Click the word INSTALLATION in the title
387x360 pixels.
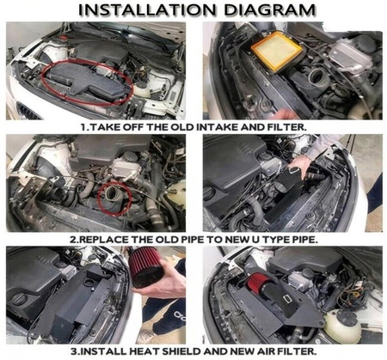coord(146,10)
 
